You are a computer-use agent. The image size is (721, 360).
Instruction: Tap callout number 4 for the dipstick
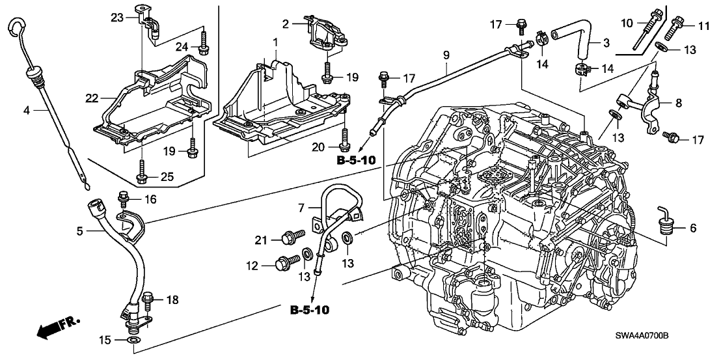tap(26, 111)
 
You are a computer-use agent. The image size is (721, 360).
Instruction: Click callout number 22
tap(90, 98)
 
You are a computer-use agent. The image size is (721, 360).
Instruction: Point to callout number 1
tap(275, 43)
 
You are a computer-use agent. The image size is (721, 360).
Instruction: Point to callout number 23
tap(116, 18)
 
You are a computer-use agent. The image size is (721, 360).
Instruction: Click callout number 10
tap(627, 24)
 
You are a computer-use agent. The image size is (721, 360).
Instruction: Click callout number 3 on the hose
tap(606, 43)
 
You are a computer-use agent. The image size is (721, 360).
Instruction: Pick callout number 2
tap(284, 24)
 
